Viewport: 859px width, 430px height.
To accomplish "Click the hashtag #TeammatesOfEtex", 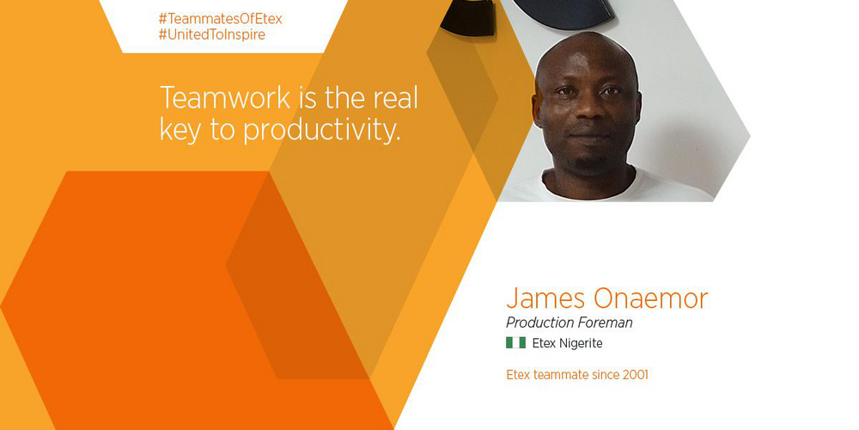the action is pyautogui.click(x=220, y=19).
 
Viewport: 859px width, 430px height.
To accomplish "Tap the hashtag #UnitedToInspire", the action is pyautogui.click(x=212, y=34).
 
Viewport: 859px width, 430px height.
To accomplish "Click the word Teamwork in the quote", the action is pyautogui.click(x=224, y=98).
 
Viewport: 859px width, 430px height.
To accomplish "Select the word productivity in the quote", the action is pyautogui.click(x=321, y=131).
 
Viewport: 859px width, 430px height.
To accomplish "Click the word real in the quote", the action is pyautogui.click(x=395, y=98).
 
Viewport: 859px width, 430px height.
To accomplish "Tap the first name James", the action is pyautogui.click(x=544, y=299).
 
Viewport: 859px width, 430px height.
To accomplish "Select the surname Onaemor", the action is pyautogui.click(x=651, y=299).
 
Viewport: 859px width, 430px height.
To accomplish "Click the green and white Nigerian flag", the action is pyautogui.click(x=515, y=343).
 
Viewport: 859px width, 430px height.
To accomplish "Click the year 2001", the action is pyautogui.click(x=636, y=375).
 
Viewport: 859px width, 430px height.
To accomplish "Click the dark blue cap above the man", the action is pyautogui.click(x=564, y=12).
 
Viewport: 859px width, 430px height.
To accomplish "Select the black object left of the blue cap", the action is pyautogui.click(x=467, y=16).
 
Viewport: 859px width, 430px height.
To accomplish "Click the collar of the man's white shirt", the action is pyautogui.click(x=589, y=185).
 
